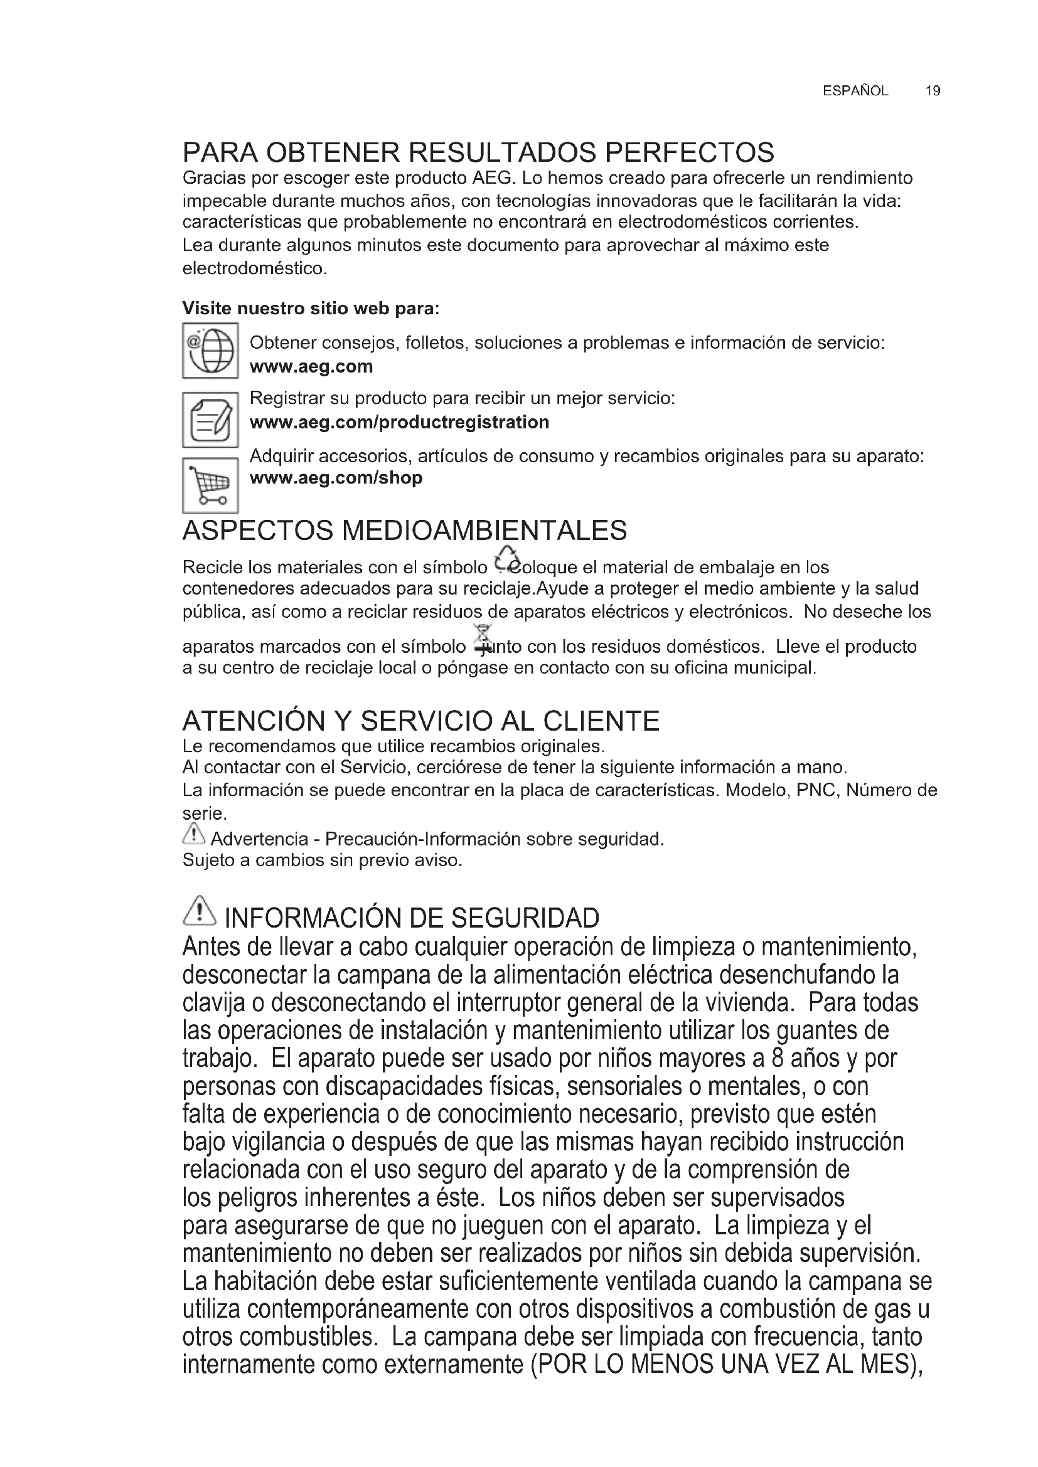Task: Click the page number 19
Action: [x=933, y=91]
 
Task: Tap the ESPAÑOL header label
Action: [x=855, y=91]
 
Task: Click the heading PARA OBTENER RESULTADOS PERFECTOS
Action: [x=478, y=152]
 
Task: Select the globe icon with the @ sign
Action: [x=210, y=350]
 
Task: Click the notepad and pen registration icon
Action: [x=210, y=420]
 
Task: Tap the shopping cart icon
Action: [x=210, y=485]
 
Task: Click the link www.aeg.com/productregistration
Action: [x=400, y=422]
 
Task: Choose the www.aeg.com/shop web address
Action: [x=336, y=478]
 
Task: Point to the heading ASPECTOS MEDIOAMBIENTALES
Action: [x=405, y=531]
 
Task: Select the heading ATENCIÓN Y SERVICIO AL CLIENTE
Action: [x=420, y=721]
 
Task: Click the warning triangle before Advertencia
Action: [x=194, y=834]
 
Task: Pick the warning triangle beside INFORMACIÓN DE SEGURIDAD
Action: [x=200, y=911]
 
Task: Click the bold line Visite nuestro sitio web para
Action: [x=311, y=309]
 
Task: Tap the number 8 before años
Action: [x=778, y=1058]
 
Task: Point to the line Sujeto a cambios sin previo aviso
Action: [x=322, y=861]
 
